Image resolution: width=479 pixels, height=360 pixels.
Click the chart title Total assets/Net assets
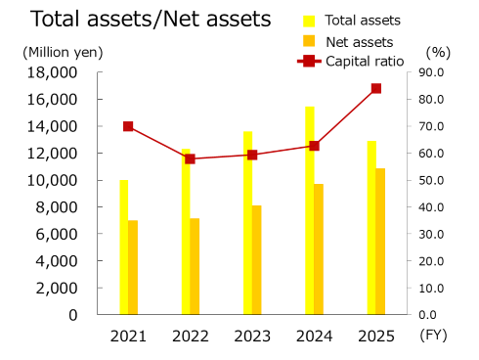click(137, 19)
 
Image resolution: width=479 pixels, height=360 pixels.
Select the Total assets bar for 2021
click(124, 247)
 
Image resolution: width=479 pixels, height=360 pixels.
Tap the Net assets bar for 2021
click(133, 267)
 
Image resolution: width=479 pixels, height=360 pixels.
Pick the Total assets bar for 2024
click(309, 210)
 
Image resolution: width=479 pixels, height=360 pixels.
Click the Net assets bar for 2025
click(380, 241)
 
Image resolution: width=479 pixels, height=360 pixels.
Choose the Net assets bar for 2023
click(256, 259)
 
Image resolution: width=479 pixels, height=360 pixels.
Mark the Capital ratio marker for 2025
click(375, 88)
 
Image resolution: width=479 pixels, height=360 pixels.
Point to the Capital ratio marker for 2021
click(128, 126)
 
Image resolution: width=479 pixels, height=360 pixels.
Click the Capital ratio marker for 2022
click(190, 158)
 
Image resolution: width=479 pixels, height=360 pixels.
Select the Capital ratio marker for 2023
click(252, 155)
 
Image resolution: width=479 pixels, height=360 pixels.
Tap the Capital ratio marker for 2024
click(314, 146)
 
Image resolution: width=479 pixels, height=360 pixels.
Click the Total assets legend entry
click(342, 21)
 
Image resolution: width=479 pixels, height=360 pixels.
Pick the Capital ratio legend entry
click(350, 61)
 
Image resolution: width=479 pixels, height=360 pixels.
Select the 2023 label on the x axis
click(252, 336)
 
